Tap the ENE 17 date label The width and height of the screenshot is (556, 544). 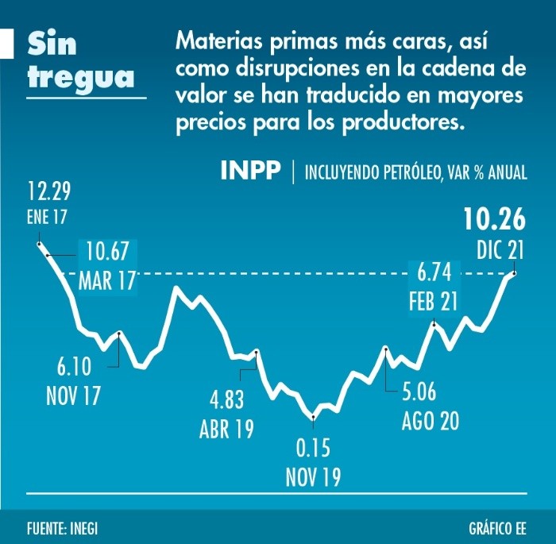[48, 217]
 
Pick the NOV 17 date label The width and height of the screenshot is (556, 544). [73, 395]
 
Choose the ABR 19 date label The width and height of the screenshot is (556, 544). [226, 430]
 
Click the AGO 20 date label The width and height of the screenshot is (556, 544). [430, 421]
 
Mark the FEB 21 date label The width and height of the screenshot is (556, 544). [434, 303]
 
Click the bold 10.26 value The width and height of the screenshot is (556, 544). [496, 220]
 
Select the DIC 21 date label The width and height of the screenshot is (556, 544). [501, 250]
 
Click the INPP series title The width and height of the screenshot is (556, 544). [250, 172]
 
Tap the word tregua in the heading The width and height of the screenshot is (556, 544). [79, 78]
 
